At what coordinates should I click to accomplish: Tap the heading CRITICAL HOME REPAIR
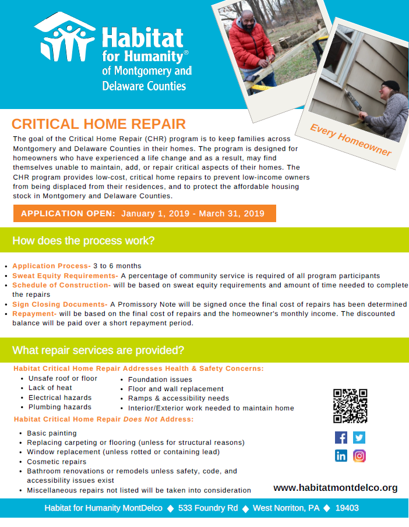click(99, 124)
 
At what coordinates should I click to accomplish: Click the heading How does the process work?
click(83, 241)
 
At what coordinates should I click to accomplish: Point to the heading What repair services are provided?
click(98, 350)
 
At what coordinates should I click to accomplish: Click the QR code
click(350, 406)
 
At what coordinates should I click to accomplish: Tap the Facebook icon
click(341, 437)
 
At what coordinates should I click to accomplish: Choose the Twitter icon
click(359, 437)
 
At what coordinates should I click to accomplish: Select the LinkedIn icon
click(341, 456)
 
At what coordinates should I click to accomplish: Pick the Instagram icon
click(359, 456)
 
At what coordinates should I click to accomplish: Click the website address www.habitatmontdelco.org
click(336, 488)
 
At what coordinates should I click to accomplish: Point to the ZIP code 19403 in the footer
click(347, 508)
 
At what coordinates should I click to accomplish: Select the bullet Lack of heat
click(50, 388)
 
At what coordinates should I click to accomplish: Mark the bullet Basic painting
click(52, 433)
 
